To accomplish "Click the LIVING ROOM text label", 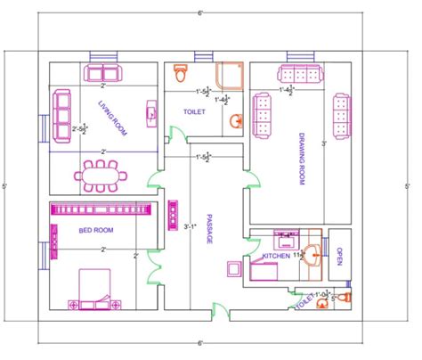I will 112,120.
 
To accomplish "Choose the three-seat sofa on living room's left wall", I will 62,110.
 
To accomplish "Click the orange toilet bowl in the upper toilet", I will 180,69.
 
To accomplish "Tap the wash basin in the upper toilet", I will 237,121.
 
